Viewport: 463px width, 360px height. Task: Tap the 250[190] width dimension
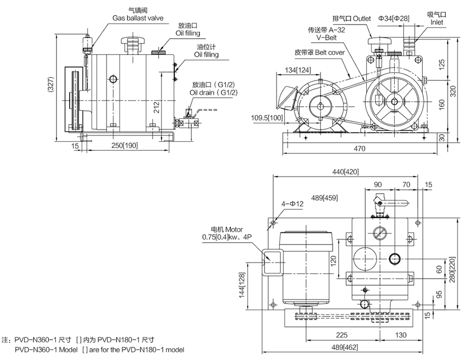tap(123, 146)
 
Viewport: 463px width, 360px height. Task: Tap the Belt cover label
tap(320, 52)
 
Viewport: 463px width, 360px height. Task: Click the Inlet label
tap(437, 22)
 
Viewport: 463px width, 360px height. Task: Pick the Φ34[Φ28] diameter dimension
tap(394, 19)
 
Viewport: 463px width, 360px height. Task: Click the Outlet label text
tap(352, 19)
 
